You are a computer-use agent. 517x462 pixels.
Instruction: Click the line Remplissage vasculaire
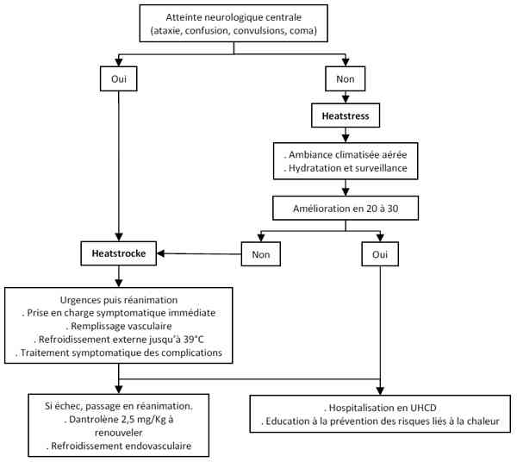pyautogui.click(x=117, y=327)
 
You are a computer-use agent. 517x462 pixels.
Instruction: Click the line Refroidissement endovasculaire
pyautogui.click(x=117, y=446)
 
